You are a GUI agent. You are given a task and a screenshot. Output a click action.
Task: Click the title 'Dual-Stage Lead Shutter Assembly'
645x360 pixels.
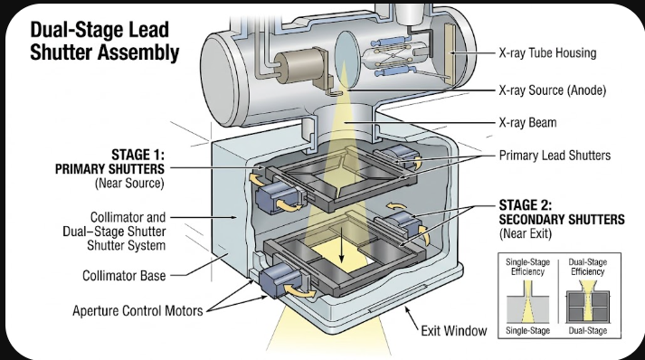click(104, 41)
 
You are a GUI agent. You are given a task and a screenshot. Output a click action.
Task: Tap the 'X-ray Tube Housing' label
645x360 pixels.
click(547, 53)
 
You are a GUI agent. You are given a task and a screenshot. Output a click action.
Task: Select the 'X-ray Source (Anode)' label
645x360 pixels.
click(553, 90)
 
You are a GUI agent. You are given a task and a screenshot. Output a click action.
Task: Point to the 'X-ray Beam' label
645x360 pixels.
click(527, 123)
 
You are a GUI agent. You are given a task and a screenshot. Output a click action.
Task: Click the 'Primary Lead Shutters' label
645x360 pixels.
click(555, 156)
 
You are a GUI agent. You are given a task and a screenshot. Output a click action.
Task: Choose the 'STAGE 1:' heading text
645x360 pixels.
click(138, 155)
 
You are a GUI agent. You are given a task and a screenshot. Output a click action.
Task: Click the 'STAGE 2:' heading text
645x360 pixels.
click(526, 205)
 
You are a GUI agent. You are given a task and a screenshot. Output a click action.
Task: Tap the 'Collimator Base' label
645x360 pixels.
click(124, 276)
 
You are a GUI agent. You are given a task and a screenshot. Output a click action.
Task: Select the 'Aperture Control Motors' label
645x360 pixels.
click(138, 310)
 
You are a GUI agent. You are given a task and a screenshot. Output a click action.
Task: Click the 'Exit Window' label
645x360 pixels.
click(454, 331)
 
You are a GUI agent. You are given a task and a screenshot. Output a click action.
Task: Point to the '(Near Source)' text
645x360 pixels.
click(129, 183)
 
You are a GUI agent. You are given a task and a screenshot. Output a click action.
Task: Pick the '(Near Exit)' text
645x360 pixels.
click(526, 233)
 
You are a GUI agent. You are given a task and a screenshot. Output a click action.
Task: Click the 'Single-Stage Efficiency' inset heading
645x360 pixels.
click(527, 267)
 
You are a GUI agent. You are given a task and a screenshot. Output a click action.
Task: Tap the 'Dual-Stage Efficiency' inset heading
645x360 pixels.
click(588, 267)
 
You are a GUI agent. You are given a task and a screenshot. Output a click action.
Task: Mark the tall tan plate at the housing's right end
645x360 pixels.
click(450, 53)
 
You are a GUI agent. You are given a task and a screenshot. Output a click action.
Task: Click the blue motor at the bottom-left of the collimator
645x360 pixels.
click(280, 279)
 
